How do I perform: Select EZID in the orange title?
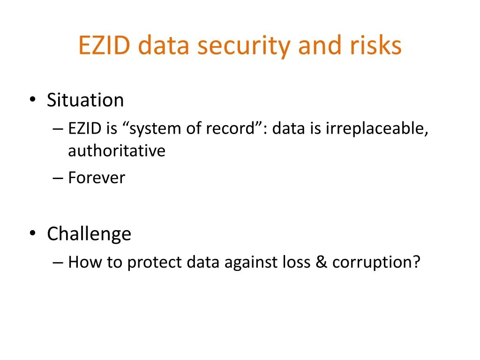coord(105,45)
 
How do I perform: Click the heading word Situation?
coord(85,100)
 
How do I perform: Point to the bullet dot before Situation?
coord(33,99)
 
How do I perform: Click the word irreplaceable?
coord(377,129)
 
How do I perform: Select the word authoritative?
coord(117,150)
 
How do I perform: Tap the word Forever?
coord(97,178)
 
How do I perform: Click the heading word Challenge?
coord(89,234)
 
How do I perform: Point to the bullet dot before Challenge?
coord(33,233)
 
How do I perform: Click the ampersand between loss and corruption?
coord(321,262)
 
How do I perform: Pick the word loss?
coord(297,262)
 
